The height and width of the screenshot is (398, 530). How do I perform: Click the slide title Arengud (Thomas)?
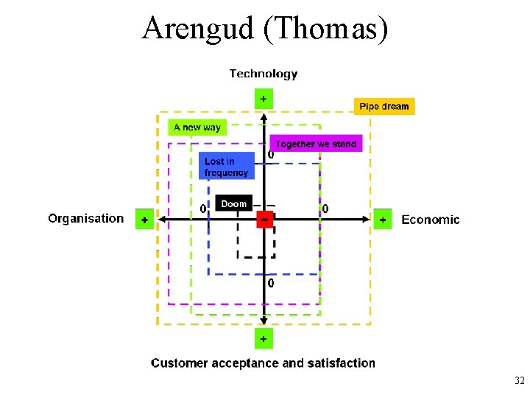tap(265, 28)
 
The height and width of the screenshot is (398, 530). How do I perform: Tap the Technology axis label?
tap(264, 74)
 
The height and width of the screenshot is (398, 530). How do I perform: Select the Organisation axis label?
tap(86, 218)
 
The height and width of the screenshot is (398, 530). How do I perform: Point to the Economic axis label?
tap(431, 220)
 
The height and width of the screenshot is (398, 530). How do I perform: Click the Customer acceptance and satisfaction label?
tap(263, 363)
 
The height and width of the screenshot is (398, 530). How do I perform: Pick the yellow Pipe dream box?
tap(384, 106)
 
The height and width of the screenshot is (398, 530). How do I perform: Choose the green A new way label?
tap(197, 128)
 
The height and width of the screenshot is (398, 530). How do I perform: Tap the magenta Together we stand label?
tap(317, 144)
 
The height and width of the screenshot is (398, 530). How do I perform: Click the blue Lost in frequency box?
tap(227, 167)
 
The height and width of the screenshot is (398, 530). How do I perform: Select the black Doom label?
tap(234, 203)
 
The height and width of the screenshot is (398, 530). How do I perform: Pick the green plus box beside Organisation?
tap(145, 220)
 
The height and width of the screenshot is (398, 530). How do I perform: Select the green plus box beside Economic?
tap(383, 220)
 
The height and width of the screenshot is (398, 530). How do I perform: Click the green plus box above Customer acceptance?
tap(264, 338)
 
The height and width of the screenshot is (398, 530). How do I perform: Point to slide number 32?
tap(520, 381)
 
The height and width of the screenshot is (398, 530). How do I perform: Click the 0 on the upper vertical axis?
tap(271, 155)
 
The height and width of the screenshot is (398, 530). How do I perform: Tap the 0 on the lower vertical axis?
tap(271, 283)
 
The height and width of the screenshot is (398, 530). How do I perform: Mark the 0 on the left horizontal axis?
tap(203, 209)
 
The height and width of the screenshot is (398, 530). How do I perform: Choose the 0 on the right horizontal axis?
tap(326, 209)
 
